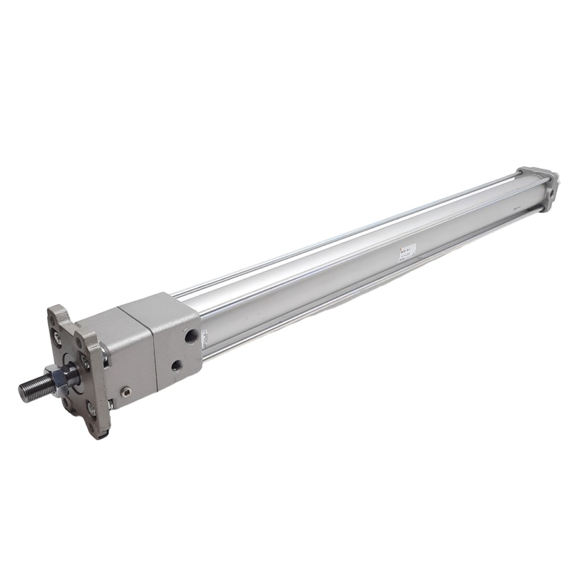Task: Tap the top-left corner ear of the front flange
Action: click(x=56, y=313)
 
